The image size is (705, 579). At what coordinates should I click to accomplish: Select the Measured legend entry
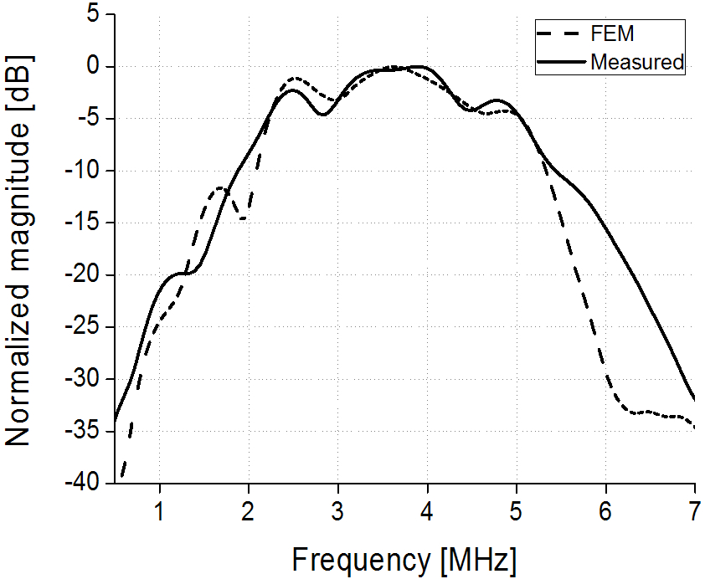636,61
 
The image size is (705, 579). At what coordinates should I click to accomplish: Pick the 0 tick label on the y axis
94,67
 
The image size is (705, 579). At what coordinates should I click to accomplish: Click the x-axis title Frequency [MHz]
404,558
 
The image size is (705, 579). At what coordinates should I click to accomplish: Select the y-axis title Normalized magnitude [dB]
19,249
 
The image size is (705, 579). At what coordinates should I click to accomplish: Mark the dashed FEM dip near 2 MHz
243,219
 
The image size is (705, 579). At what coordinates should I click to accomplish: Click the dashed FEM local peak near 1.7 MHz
221,187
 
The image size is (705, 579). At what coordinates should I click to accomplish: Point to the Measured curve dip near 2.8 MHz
322,114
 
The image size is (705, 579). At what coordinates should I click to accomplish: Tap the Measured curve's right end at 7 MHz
695,399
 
